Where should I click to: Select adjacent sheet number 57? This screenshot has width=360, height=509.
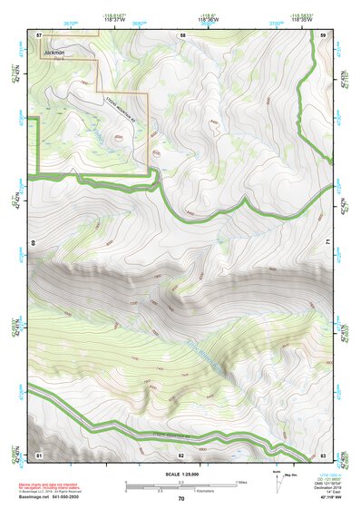coord(40,34)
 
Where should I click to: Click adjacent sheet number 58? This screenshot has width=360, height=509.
coord(182,34)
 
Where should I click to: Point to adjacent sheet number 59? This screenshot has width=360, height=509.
coord(323,34)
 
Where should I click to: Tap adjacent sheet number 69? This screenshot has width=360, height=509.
coord(33,243)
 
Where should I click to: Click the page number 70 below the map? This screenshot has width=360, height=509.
coord(181,499)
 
